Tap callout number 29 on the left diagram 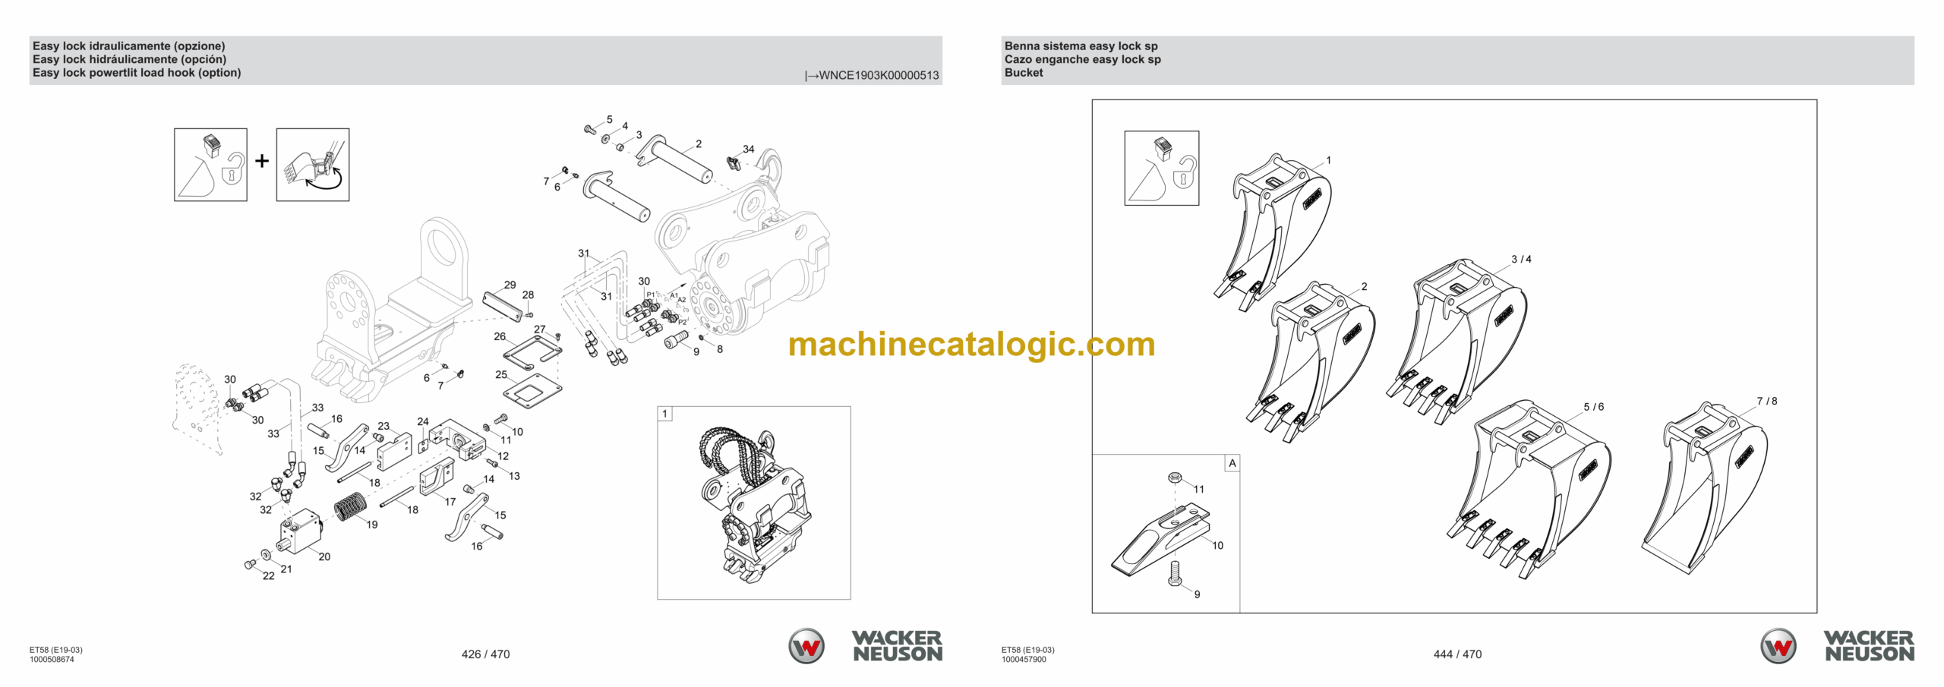pyautogui.click(x=510, y=285)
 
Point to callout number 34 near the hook pyautogui.click(x=749, y=149)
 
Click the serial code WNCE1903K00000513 pyautogui.click(x=879, y=75)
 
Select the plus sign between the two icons pyautogui.click(x=262, y=161)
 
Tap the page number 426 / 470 pyautogui.click(x=485, y=654)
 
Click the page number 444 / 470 pyautogui.click(x=1456, y=654)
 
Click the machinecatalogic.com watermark pyautogui.click(x=971, y=345)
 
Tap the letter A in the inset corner pyautogui.click(x=1232, y=463)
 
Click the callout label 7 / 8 pyautogui.click(x=1766, y=401)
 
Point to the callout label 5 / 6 pyautogui.click(x=1593, y=407)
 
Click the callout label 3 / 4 pyautogui.click(x=1520, y=259)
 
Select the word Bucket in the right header pyautogui.click(x=1024, y=73)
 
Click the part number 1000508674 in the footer pyautogui.click(x=52, y=660)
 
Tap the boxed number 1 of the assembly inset pyautogui.click(x=665, y=414)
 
